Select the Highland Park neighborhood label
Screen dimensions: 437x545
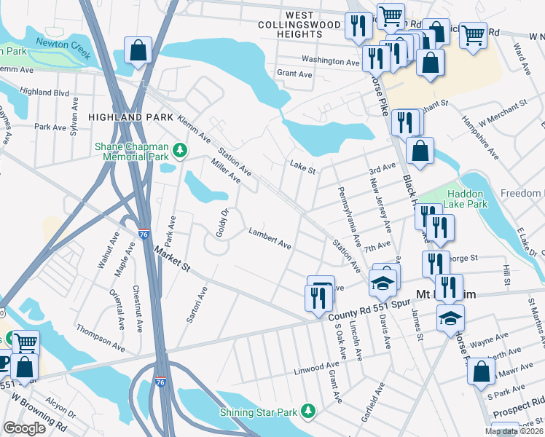pyautogui.click(x=130, y=117)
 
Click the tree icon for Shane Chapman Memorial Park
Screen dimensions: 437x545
pyautogui.click(x=178, y=151)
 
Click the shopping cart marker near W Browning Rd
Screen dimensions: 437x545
pyautogui.click(x=26, y=342)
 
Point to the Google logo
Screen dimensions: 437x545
pyautogui.click(x=24, y=428)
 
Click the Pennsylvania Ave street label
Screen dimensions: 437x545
pyautogui.click(x=348, y=216)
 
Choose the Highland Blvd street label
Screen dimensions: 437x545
pyautogui.click(x=45, y=92)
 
